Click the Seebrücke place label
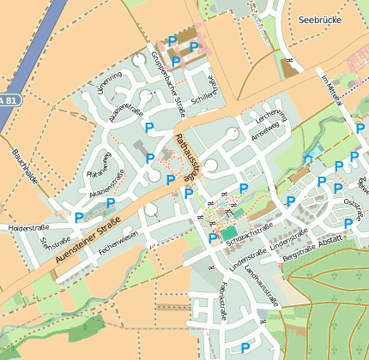[320, 19]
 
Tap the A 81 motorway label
[9, 100]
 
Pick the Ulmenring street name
[110, 83]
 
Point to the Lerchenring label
[270, 116]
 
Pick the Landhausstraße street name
[261, 285]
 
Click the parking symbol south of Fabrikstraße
[245, 347]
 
